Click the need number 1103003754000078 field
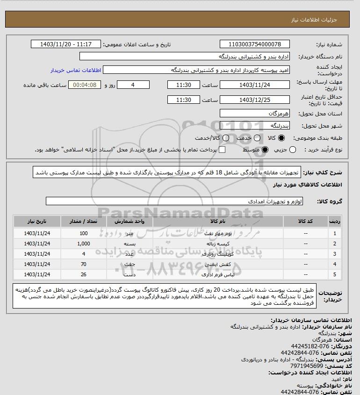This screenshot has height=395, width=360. click(x=254, y=44)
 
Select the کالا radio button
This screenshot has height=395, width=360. click(x=281, y=138)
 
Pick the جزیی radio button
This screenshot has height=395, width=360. click(x=293, y=150)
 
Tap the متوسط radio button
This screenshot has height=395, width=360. click(x=265, y=150)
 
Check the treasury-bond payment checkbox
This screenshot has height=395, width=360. click(x=222, y=150)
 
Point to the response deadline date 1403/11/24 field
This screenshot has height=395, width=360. click(x=254, y=85)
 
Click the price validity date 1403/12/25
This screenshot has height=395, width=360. click(x=254, y=100)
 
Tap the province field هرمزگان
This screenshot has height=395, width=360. click(x=254, y=114)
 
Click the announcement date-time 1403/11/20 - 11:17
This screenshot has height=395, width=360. click(x=65, y=44)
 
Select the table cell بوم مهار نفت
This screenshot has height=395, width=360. click(x=217, y=233)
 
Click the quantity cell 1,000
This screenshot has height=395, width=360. click(x=84, y=244)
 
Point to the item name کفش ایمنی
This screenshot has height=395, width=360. click(x=217, y=264)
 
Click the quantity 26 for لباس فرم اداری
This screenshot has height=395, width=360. click(x=84, y=274)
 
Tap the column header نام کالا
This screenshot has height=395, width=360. click(x=217, y=221)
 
